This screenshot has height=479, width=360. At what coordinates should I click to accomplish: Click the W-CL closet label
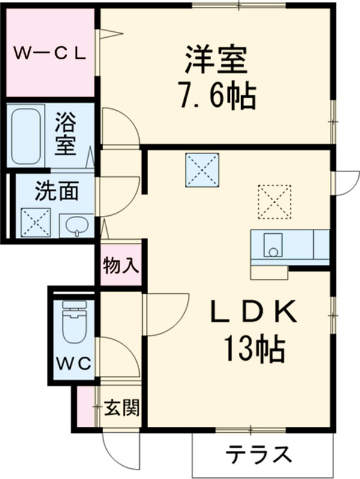(50, 53)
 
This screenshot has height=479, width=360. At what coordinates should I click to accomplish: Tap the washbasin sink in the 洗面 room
(77, 227)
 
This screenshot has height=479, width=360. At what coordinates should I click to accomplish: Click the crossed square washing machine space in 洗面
(35, 222)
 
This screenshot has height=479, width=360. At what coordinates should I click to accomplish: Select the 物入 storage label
(121, 264)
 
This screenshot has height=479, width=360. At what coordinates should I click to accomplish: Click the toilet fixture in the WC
(74, 324)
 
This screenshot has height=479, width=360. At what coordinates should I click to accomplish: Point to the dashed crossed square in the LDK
(274, 201)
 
